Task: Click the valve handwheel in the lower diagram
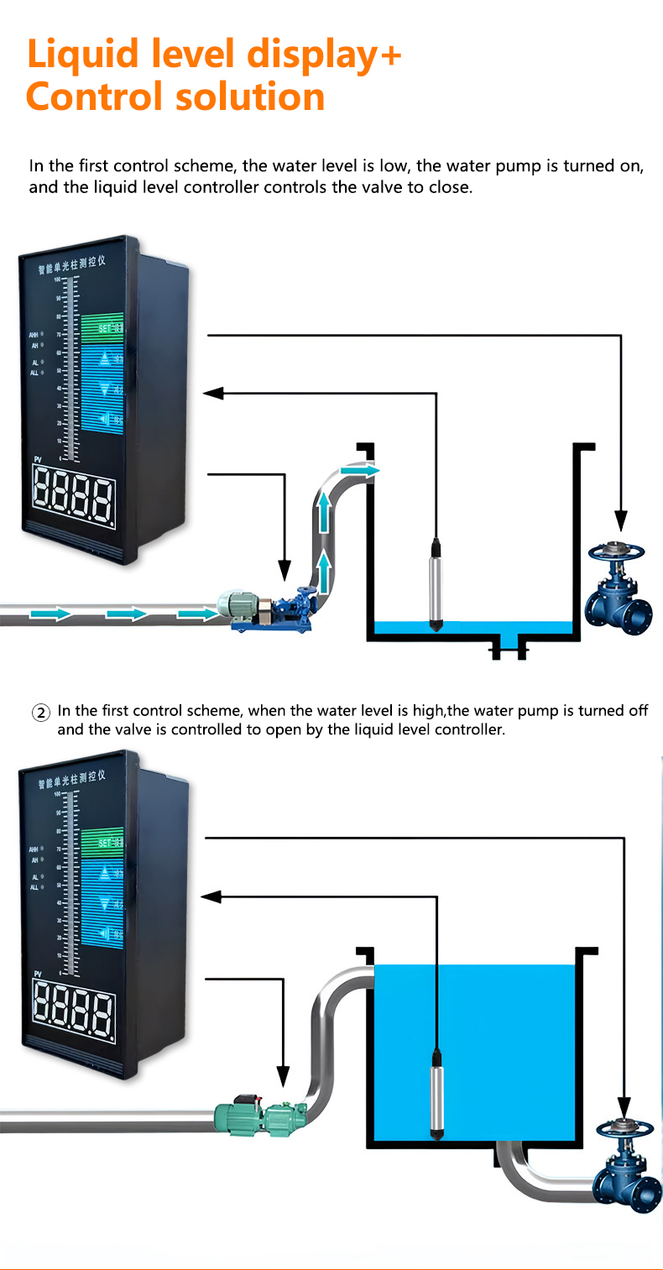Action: [x=623, y=1127]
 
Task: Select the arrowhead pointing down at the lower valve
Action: [x=623, y=1108]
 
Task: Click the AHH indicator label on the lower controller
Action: [x=34, y=849]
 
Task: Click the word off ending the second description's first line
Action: [x=639, y=711]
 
